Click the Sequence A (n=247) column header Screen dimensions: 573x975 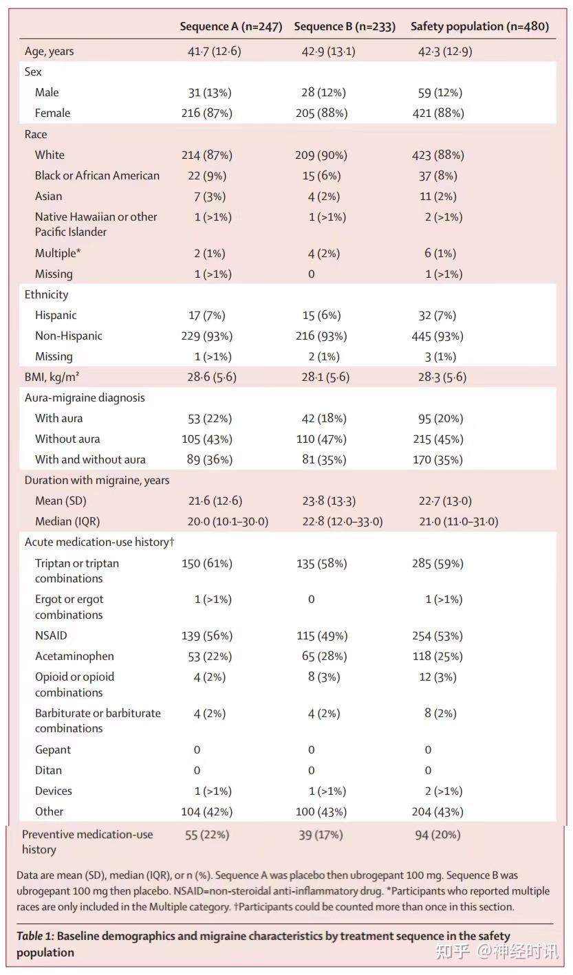[230, 27]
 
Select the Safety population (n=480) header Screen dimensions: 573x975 [479, 27]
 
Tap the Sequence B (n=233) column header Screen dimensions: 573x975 [345, 27]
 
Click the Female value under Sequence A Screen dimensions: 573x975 [207, 113]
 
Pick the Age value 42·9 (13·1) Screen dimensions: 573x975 [328, 52]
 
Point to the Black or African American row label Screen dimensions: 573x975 [97, 175]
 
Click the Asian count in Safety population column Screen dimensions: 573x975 [438, 196]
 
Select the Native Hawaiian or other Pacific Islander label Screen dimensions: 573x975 [96, 224]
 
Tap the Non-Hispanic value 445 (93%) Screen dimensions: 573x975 [437, 336]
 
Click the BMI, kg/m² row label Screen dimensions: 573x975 [52, 377]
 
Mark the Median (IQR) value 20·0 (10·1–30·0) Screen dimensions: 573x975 [228, 521]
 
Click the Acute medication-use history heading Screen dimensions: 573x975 [99, 542]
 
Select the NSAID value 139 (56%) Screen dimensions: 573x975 [207, 636]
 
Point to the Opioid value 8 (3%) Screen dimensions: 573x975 [324, 677]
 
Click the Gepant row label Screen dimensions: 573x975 [53, 749]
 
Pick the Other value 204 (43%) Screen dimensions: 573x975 [437, 812]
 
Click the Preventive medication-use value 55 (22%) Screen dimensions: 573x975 [207, 835]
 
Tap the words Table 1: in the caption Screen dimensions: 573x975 [35, 936]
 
